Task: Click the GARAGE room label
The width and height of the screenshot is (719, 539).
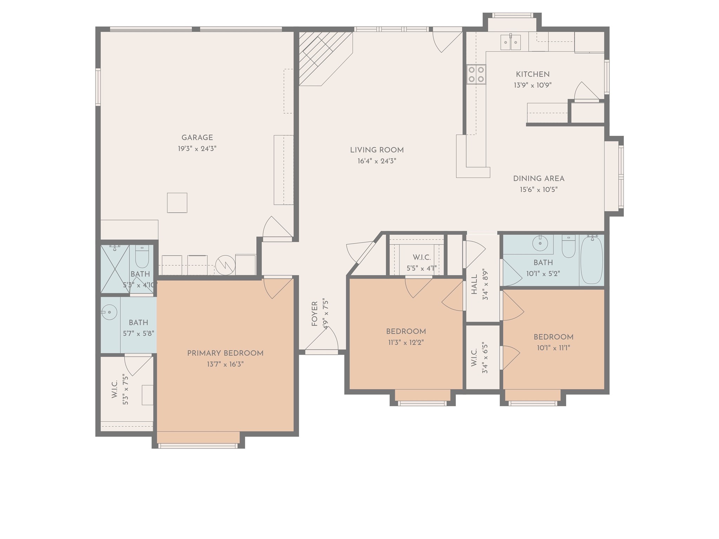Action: point(197,138)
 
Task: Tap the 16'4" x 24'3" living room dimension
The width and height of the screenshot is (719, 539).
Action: point(377,161)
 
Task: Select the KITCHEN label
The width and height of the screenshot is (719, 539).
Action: point(533,74)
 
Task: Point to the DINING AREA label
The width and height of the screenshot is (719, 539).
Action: point(539,179)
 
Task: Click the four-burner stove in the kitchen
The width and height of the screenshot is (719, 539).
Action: point(476,74)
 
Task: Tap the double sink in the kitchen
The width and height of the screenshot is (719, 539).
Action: point(510,42)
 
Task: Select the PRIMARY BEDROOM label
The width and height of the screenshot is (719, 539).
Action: point(225,353)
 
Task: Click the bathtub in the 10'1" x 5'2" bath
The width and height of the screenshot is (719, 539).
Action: point(592,260)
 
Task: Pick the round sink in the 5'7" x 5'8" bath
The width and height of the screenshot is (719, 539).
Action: point(109,312)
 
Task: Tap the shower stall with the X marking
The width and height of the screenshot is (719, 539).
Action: point(115,269)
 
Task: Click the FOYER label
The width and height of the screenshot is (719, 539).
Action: point(315,314)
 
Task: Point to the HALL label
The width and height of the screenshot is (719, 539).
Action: point(474,284)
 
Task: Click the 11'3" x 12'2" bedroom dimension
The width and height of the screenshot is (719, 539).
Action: point(406,342)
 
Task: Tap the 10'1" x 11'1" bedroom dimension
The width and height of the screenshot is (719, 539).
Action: point(553,348)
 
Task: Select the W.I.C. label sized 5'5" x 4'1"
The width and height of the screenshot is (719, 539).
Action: point(421,258)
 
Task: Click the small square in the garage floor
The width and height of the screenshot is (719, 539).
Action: point(177,202)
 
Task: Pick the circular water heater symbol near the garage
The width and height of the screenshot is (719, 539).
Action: point(225,266)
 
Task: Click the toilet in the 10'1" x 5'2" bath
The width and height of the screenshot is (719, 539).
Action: point(568,246)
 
